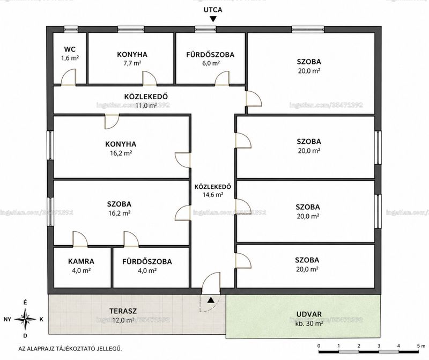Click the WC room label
70,49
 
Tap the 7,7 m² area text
132,63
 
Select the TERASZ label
123,311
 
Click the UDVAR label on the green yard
309,314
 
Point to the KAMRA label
82,261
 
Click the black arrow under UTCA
213,19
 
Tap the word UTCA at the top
213,10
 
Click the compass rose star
25,319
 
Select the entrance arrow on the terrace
210,300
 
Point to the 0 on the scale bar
319,346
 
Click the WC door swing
68,77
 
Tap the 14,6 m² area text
213,195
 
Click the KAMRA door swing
80,239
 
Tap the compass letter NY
8,319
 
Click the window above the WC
71,29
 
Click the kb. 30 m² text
309,324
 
